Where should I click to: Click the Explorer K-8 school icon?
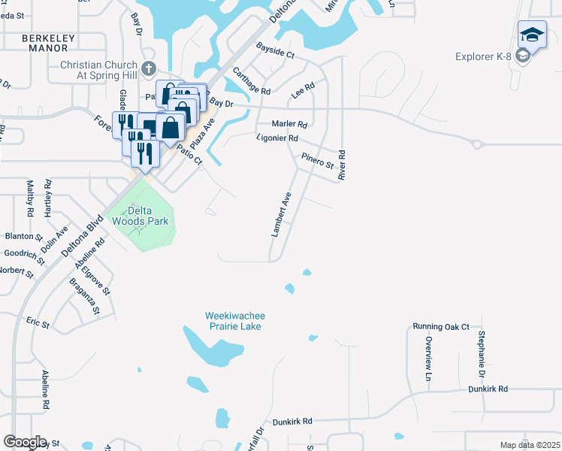point(532,36)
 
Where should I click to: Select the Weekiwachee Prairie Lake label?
point(236,321)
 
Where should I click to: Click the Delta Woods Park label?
point(140,216)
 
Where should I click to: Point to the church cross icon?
point(149,68)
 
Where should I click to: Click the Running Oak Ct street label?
point(440,327)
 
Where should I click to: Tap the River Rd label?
point(342,165)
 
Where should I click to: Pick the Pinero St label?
point(317,162)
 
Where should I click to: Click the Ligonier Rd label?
point(277,138)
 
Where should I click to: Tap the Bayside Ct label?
point(275,55)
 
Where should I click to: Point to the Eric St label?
point(37,325)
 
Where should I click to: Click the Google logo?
point(25,441)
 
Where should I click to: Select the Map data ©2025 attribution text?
point(530,445)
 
